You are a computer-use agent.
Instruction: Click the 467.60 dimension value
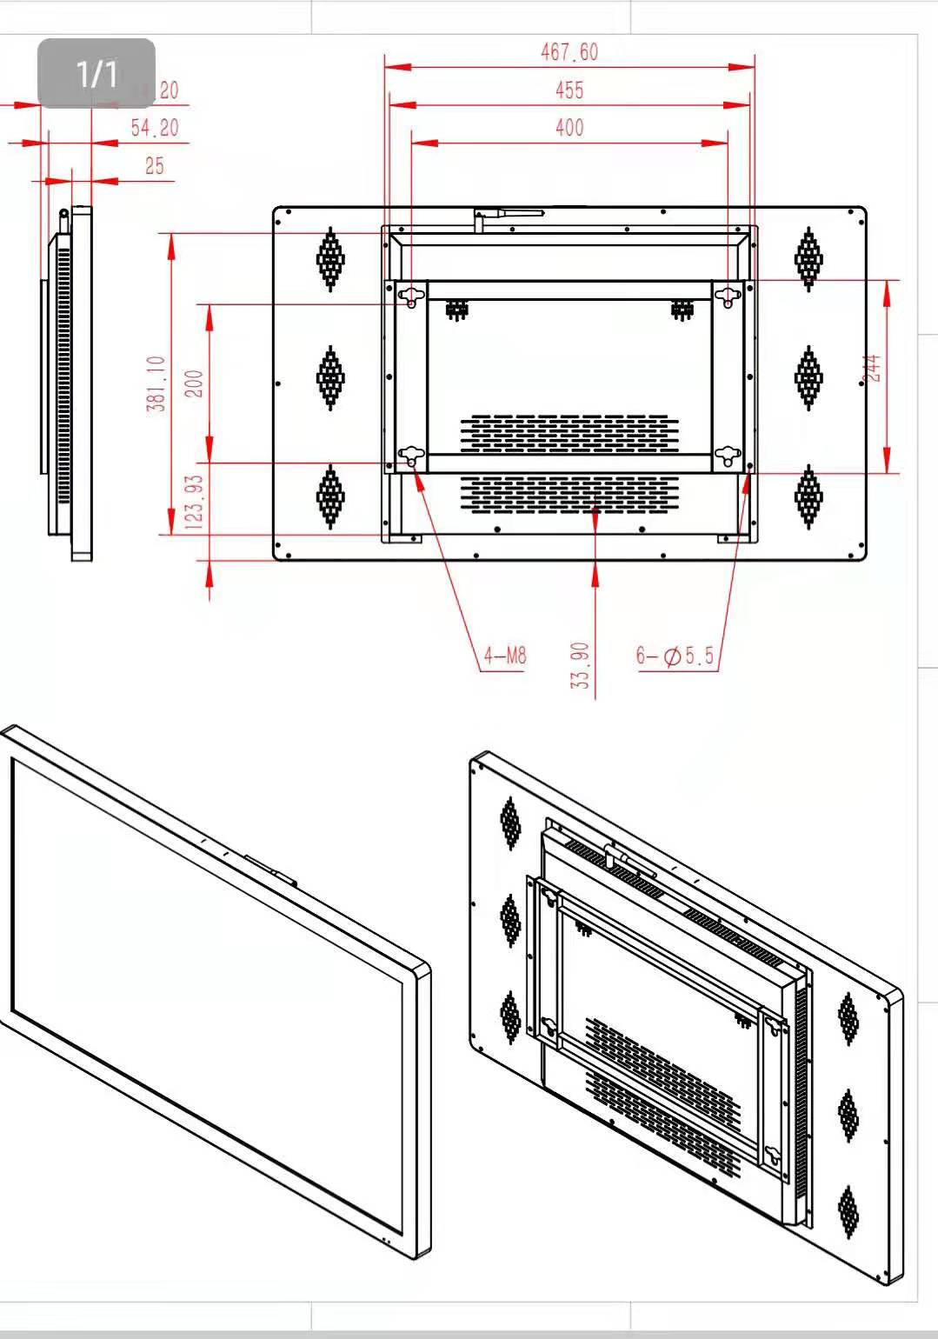coord(569,52)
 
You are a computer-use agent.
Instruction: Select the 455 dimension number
coord(569,90)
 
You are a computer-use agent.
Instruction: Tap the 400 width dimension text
coord(569,128)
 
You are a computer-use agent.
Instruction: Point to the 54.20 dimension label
coord(155,128)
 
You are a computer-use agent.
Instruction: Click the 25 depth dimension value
coord(154,165)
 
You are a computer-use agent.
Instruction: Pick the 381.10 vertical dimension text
coord(156,383)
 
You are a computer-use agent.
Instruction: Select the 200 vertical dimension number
coord(195,383)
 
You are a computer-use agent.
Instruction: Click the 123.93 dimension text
coord(195,503)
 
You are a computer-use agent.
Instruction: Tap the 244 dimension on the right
coord(874,368)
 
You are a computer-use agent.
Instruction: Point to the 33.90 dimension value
coord(580,665)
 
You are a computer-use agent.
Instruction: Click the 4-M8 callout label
coord(505,655)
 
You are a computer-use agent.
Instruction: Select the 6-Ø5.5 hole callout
coord(675,656)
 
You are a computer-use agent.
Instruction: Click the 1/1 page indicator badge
coord(96,73)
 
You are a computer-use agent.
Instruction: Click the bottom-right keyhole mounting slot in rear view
coord(727,454)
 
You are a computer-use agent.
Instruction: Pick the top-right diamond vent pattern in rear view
coord(808,258)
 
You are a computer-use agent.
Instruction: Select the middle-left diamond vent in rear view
coord(330,377)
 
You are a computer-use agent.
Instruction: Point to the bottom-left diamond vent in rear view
coord(330,496)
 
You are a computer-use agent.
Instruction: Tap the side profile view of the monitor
coord(68,383)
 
